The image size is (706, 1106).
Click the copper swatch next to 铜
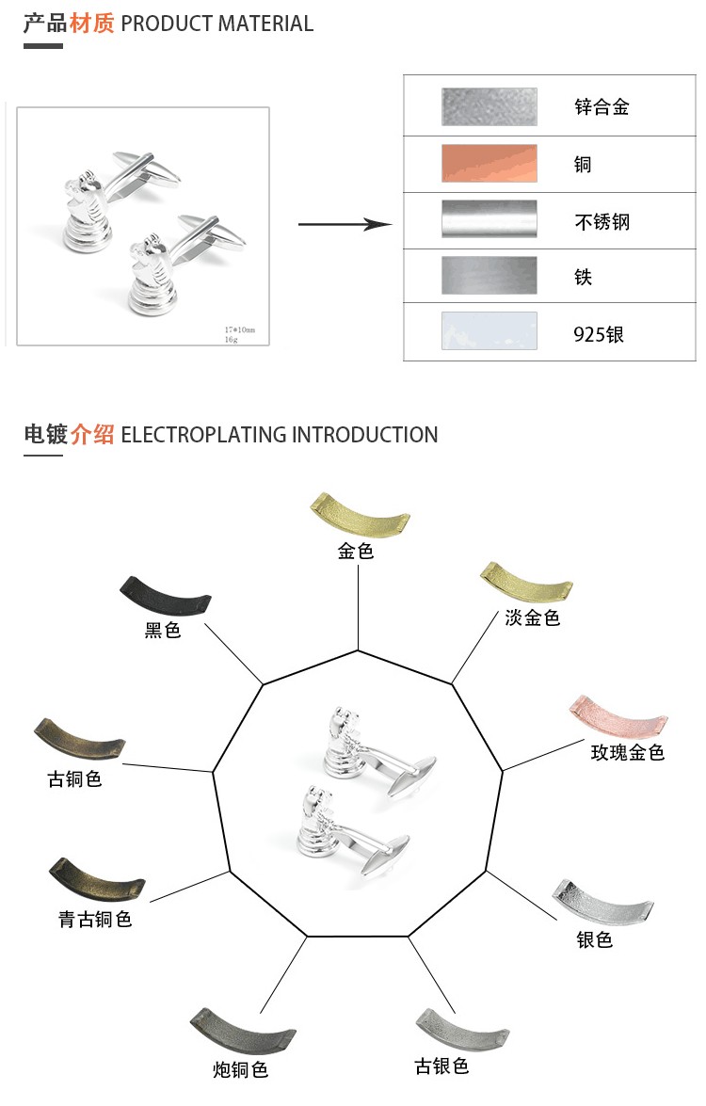tap(489, 163)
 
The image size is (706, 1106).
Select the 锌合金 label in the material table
tap(602, 106)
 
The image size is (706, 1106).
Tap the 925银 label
tap(599, 334)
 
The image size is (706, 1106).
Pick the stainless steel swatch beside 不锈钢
tap(489, 219)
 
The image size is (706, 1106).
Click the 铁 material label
tap(584, 278)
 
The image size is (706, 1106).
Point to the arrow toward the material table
tap(345, 224)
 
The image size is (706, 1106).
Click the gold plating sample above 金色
tap(360, 514)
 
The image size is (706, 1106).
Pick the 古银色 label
tap(441, 1066)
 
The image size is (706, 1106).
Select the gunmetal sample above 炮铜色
tap(242, 1032)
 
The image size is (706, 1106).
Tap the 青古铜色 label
tap(95, 919)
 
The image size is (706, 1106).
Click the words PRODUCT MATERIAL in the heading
tap(217, 24)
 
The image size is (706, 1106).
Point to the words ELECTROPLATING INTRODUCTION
tap(280, 435)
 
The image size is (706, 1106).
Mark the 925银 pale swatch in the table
tap(489, 331)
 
